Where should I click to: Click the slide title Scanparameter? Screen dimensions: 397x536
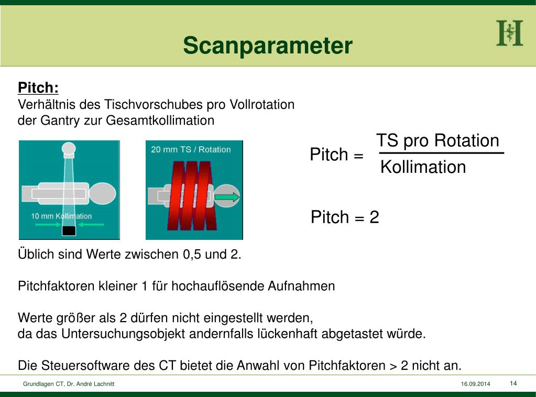[268, 46]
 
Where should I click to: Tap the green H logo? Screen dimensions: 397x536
[509, 33]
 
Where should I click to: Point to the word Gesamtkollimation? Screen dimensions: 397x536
[160, 120]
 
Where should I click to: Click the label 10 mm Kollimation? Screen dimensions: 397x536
[61, 216]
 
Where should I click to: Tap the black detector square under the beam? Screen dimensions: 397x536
[69, 230]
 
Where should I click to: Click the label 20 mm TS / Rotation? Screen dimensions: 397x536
[191, 149]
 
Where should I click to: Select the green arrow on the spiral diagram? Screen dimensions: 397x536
[227, 197]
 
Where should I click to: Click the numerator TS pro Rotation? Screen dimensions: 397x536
[437, 141]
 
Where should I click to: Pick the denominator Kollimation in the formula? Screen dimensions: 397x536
[423, 167]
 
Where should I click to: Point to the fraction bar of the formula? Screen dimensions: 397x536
[441, 153]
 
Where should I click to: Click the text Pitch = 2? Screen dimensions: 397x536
[345, 217]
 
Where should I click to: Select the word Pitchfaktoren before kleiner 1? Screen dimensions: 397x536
[57, 286]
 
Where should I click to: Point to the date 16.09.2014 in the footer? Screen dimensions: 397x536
[475, 384]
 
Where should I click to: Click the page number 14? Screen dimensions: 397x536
[513, 383]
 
